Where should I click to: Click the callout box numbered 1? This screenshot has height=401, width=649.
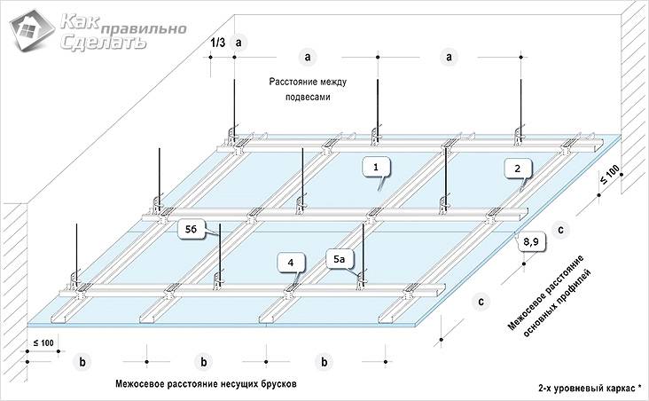coord(376,165)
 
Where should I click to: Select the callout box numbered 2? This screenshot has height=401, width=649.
coord(520,166)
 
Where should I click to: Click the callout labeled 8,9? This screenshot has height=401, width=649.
coord(531,239)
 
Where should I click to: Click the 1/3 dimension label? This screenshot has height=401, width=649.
coord(217,42)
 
